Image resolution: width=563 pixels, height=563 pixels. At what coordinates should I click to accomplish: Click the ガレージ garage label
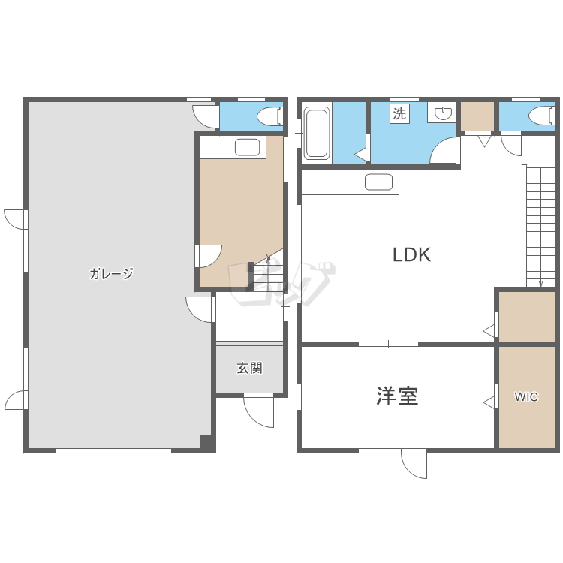(x=111, y=273)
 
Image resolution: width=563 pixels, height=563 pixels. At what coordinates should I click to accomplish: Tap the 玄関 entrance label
(x=249, y=368)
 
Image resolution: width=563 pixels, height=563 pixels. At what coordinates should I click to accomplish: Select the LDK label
(x=411, y=254)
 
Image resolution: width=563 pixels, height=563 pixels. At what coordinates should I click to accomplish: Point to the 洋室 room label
(x=397, y=396)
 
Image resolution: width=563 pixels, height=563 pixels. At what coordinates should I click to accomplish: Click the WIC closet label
(x=526, y=397)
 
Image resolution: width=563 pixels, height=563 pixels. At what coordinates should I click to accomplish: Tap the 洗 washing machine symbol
(x=399, y=113)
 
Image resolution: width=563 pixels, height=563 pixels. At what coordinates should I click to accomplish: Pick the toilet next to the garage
(x=269, y=116)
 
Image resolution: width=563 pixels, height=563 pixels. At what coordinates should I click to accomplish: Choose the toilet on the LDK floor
(x=541, y=116)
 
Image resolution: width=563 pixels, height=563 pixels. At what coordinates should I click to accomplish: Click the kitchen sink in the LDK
(x=378, y=182)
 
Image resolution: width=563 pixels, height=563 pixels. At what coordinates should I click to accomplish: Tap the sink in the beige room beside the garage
(x=248, y=147)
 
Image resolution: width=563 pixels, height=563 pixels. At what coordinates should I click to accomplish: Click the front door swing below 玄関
(x=258, y=411)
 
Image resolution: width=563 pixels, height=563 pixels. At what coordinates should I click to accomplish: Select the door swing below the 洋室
(x=414, y=464)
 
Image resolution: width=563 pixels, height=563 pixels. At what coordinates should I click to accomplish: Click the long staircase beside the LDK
(x=538, y=226)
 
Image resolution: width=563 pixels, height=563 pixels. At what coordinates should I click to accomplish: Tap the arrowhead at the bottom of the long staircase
(x=541, y=285)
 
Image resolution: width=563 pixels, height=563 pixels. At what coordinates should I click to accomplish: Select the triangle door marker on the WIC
(x=489, y=403)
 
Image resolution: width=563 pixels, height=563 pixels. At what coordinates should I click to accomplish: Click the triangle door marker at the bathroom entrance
(x=360, y=155)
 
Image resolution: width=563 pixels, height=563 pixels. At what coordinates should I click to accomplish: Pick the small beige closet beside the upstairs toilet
(x=477, y=116)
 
